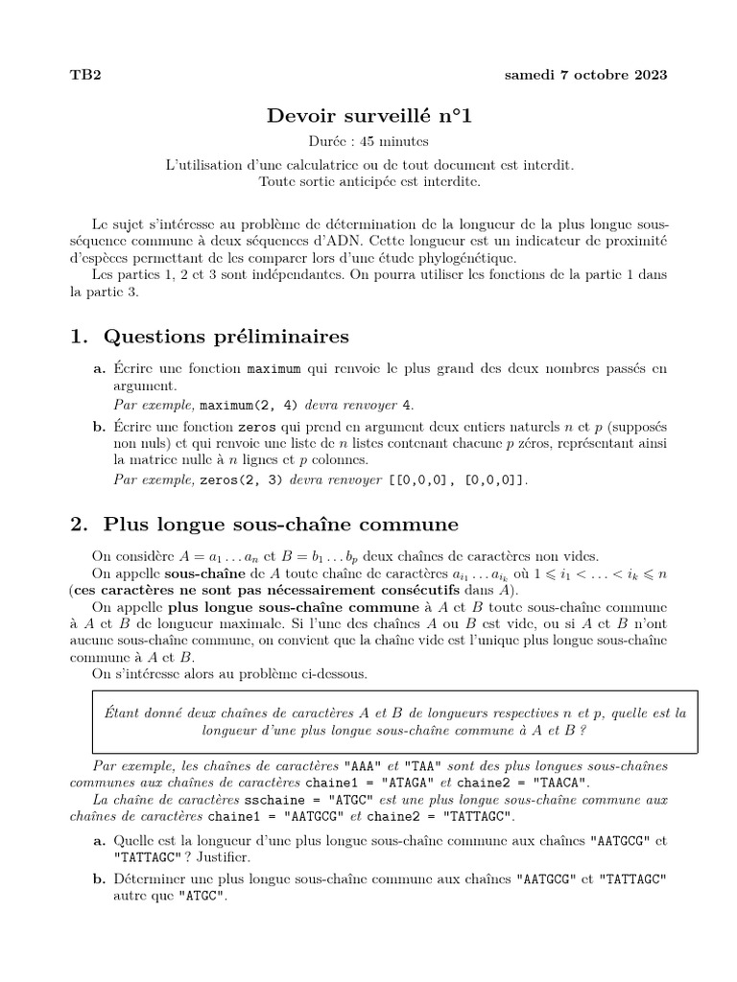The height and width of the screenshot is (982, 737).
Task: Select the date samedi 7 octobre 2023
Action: click(586, 75)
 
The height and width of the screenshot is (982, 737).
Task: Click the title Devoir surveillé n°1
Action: click(369, 116)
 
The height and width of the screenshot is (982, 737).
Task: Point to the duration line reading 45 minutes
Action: click(369, 141)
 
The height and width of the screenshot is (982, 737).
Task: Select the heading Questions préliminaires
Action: click(226, 336)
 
